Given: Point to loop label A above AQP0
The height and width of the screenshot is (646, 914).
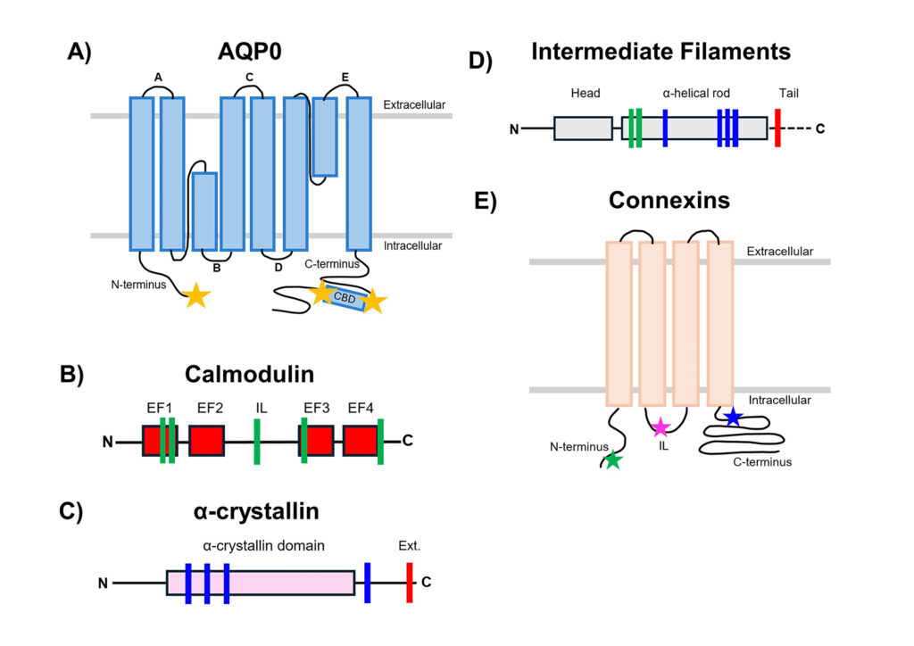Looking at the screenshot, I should [157, 78].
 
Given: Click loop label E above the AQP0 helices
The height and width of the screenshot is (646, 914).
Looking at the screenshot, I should [344, 78].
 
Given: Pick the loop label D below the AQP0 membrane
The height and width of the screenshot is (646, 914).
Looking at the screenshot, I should [278, 266].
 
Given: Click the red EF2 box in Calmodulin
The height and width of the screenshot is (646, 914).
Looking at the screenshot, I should [206, 441].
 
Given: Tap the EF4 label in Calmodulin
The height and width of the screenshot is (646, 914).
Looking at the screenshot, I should [361, 409].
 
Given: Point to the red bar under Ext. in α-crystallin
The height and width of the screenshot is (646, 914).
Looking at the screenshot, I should [410, 583].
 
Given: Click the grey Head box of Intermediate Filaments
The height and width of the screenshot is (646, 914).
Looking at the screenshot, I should [583, 128].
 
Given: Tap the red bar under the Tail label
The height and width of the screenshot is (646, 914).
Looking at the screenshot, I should [778, 128].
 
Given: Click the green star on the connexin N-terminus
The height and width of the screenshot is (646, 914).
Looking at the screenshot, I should [612, 460].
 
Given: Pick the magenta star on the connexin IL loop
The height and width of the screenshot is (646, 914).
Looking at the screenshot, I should [660, 426].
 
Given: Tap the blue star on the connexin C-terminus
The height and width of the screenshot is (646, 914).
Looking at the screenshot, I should [732, 416].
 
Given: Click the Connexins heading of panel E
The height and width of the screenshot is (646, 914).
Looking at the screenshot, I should [669, 201].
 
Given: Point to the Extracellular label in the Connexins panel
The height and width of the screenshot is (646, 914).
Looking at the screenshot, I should [779, 252].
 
